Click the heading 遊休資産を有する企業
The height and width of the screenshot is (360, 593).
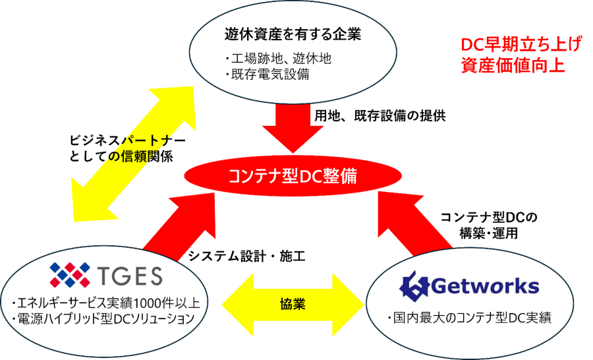pyautogui.click(x=293, y=34)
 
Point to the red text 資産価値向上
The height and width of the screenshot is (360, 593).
pyautogui.click(x=513, y=65)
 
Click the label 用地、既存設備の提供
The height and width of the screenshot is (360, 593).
pyautogui.click(x=380, y=116)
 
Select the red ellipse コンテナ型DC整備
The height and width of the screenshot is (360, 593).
pyautogui.click(x=293, y=176)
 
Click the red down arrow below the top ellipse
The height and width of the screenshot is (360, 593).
pyautogui.click(x=293, y=127)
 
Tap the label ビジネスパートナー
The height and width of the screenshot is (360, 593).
pyautogui.click(x=127, y=140)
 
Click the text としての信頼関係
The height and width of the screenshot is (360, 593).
pyautogui.click(x=121, y=156)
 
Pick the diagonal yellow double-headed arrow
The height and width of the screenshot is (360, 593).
pyautogui.click(x=134, y=154)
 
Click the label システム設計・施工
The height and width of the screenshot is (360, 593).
pyautogui.click(x=246, y=256)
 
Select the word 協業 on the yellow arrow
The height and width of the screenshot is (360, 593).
pyautogui.click(x=293, y=304)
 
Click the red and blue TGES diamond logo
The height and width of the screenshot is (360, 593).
pyautogui.click(x=70, y=275)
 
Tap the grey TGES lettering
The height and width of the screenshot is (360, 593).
pyautogui.click(x=130, y=276)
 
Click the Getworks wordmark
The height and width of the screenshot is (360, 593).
pyautogui.click(x=485, y=286)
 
